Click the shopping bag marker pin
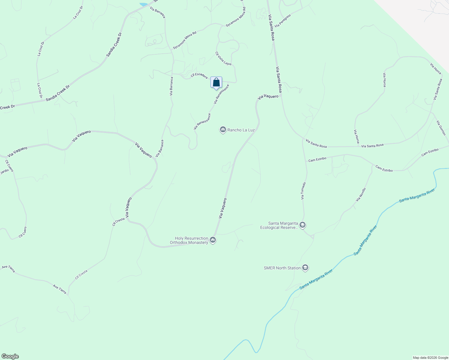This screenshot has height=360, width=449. (x=216, y=82)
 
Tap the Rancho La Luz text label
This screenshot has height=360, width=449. (x=241, y=130)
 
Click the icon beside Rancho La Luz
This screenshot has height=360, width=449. (x=223, y=130)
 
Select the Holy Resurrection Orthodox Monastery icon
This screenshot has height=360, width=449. (x=213, y=240)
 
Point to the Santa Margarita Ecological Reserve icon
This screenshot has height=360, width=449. (x=303, y=225)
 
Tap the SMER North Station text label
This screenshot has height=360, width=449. (x=282, y=268)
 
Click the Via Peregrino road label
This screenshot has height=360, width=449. (x=283, y=21)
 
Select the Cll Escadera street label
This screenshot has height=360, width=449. (x=199, y=76)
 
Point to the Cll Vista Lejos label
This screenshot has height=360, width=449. (x=223, y=58)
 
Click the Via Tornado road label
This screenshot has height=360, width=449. (x=303, y=191)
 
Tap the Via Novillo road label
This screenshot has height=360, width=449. (x=361, y=195)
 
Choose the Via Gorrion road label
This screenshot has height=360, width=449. (x=441, y=128)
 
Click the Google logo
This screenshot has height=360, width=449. (x=10, y=356)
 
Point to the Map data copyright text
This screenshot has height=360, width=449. (x=430, y=358)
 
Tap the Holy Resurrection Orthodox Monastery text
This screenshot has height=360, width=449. (x=189, y=240)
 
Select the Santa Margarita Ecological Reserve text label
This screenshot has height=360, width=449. (x=279, y=225)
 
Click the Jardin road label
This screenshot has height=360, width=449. (x=5, y=172)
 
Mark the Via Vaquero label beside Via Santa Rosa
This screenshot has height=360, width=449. (x=268, y=97)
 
